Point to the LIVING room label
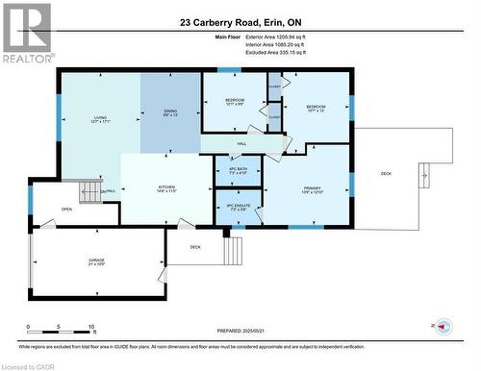99,118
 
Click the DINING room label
169,111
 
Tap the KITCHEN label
166,187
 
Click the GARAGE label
95,262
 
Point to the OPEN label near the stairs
66,209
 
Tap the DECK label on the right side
386,173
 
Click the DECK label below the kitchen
194,247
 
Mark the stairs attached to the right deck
424,176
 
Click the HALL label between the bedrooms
242,143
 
